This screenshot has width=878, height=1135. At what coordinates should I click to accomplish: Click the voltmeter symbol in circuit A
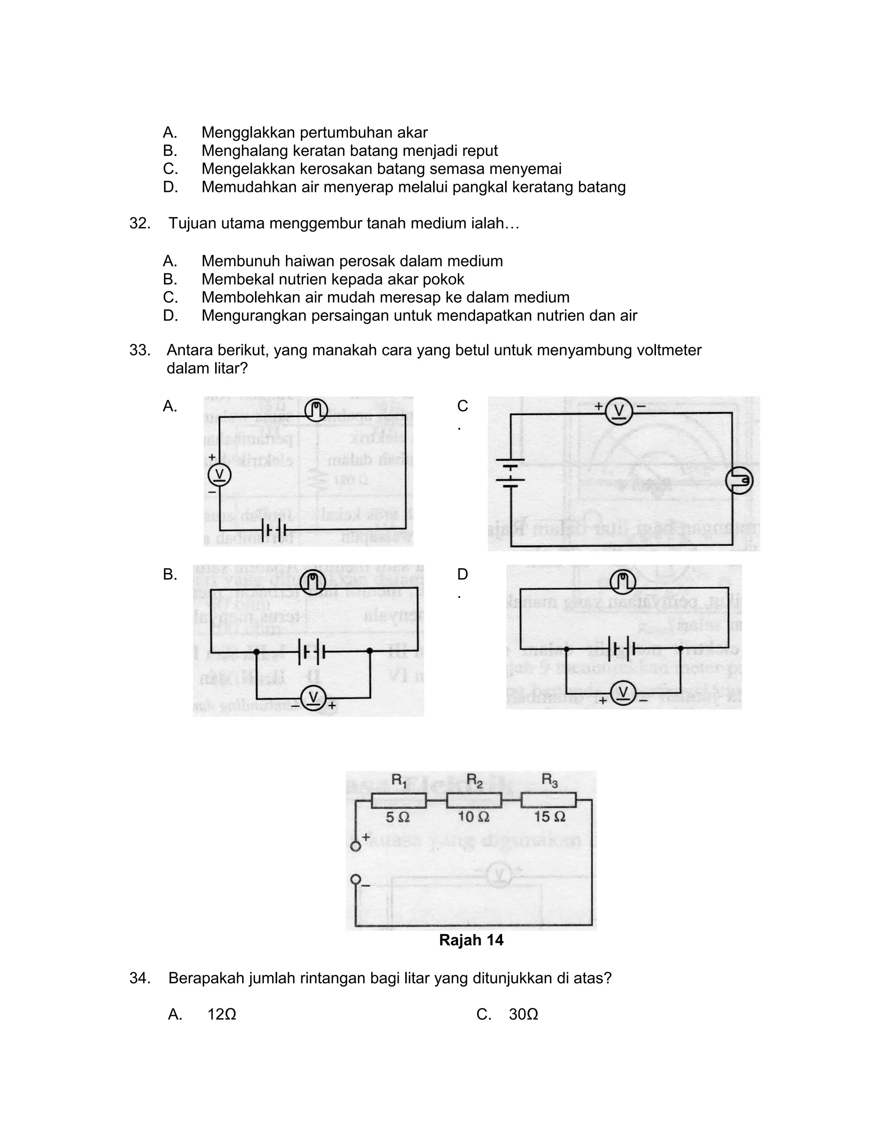pyautogui.click(x=219, y=475)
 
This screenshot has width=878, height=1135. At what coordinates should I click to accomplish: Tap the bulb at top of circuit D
pyautogui.click(x=622, y=582)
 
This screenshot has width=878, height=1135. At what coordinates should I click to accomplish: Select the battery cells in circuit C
pyautogui.click(x=510, y=474)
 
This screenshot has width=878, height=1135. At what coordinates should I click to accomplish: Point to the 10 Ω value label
pyautogui.click(x=473, y=818)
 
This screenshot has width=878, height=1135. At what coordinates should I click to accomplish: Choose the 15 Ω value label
pyautogui.click(x=549, y=818)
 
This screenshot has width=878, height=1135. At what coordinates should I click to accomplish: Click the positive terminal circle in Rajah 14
pyautogui.click(x=356, y=846)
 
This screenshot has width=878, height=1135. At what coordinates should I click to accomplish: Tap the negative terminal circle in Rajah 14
pyautogui.click(x=356, y=879)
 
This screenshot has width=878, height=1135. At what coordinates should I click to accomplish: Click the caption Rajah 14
pyautogui.click(x=471, y=940)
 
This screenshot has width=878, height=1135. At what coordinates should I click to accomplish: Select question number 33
pyautogui.click(x=140, y=350)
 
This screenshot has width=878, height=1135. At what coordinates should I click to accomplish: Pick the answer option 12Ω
pyautogui.click(x=222, y=1014)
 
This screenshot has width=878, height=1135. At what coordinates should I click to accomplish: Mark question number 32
pyautogui.click(x=140, y=224)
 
